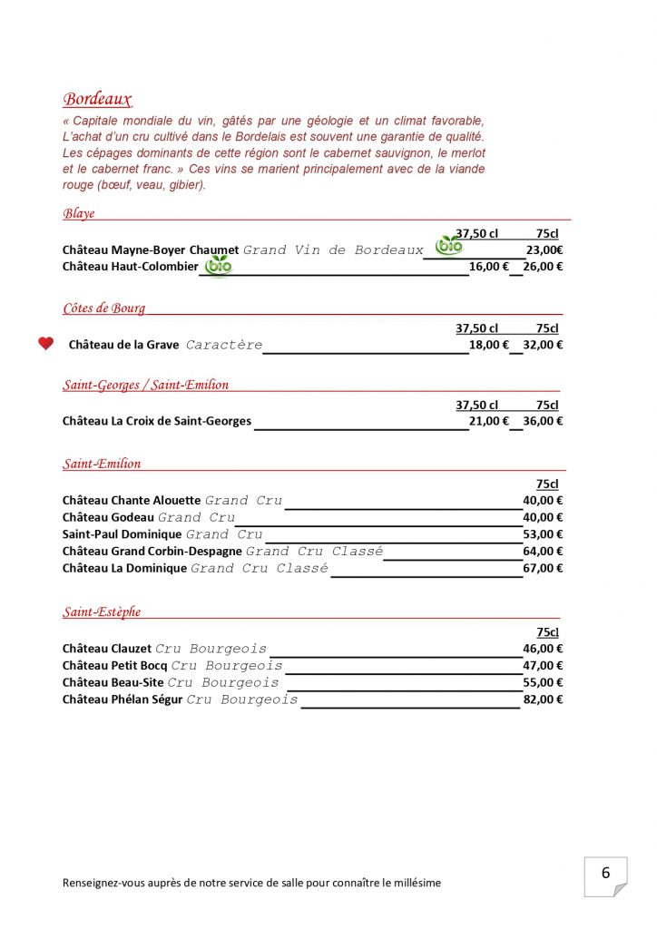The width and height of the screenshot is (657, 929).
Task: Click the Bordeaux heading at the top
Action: click(x=97, y=100)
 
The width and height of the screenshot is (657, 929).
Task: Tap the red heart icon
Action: click(x=45, y=344)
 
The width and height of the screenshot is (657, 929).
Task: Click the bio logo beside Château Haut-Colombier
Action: click(x=218, y=266)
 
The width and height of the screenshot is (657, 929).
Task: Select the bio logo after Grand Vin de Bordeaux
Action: click(x=449, y=245)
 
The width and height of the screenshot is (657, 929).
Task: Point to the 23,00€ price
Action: click(x=544, y=250)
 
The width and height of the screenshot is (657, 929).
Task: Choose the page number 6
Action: click(x=605, y=874)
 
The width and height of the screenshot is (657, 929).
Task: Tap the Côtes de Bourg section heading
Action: click(x=103, y=308)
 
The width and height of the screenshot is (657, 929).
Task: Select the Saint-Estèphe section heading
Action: click(x=102, y=612)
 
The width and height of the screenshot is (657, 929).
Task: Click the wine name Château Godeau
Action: click(x=108, y=517)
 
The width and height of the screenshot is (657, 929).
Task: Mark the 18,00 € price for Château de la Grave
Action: click(x=489, y=345)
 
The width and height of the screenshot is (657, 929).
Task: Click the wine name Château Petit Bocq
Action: click(x=115, y=666)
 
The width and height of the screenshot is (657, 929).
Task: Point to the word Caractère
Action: click(x=224, y=345)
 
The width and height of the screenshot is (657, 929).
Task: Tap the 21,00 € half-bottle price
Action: click(x=489, y=421)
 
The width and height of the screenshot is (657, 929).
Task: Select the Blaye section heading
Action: click(x=79, y=214)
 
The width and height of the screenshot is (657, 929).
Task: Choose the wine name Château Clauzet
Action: click(x=107, y=649)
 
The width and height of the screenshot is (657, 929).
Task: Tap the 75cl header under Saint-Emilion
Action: click(x=547, y=484)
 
